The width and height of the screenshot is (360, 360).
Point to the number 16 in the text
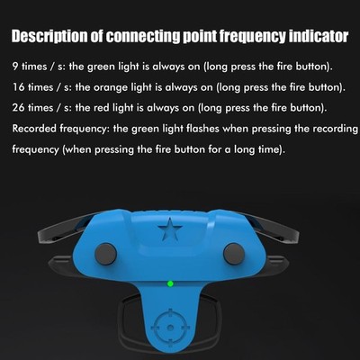point(18,88)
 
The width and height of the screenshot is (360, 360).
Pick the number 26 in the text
point(19,108)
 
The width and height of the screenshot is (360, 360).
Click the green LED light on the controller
point(170,285)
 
